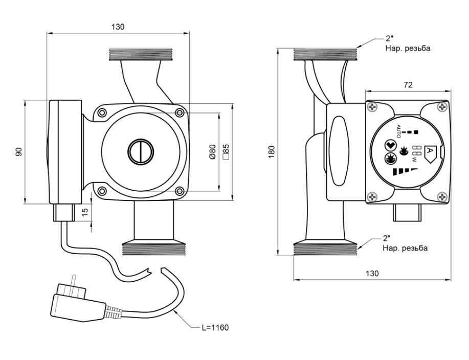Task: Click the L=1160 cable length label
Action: pos(215,328)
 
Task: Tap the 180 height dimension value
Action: pos(272,152)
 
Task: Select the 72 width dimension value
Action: pos(408,85)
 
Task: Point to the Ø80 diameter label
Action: pos(212,152)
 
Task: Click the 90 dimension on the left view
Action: pos(19,152)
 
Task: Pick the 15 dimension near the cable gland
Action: pos(85,212)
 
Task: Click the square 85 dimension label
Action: pos(226,151)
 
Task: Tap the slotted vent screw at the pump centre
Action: pos(141,151)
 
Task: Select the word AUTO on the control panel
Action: pos(398,131)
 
